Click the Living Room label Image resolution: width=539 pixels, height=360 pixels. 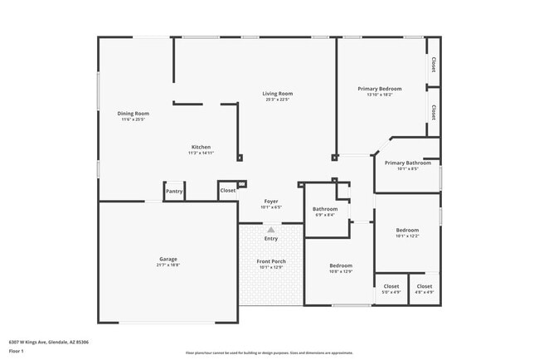point(278,94)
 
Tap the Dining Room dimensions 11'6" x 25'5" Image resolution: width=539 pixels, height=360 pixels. point(133,119)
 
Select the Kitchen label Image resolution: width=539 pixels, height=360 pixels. point(201,147)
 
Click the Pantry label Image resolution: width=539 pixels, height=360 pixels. point(174,191)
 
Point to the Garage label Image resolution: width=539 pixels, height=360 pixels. point(168,259)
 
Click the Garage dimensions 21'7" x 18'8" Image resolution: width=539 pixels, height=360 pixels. point(168,265)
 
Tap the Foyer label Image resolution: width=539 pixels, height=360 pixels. point(271,201)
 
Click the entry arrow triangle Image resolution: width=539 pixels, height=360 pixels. point(270,229)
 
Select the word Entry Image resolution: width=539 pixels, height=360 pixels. point(271,239)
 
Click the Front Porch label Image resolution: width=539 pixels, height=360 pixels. point(271,261)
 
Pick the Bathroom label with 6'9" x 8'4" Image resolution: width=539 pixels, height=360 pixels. point(325,209)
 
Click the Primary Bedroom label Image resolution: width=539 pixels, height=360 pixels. point(380,89)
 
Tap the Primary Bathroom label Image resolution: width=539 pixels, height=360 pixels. point(407,163)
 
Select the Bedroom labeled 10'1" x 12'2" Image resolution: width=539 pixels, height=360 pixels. point(407,230)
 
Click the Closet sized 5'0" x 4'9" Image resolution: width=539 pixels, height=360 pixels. point(391,286)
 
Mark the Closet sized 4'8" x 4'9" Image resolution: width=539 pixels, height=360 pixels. point(425,286)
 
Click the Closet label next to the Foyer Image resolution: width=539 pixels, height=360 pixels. point(227,191)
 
